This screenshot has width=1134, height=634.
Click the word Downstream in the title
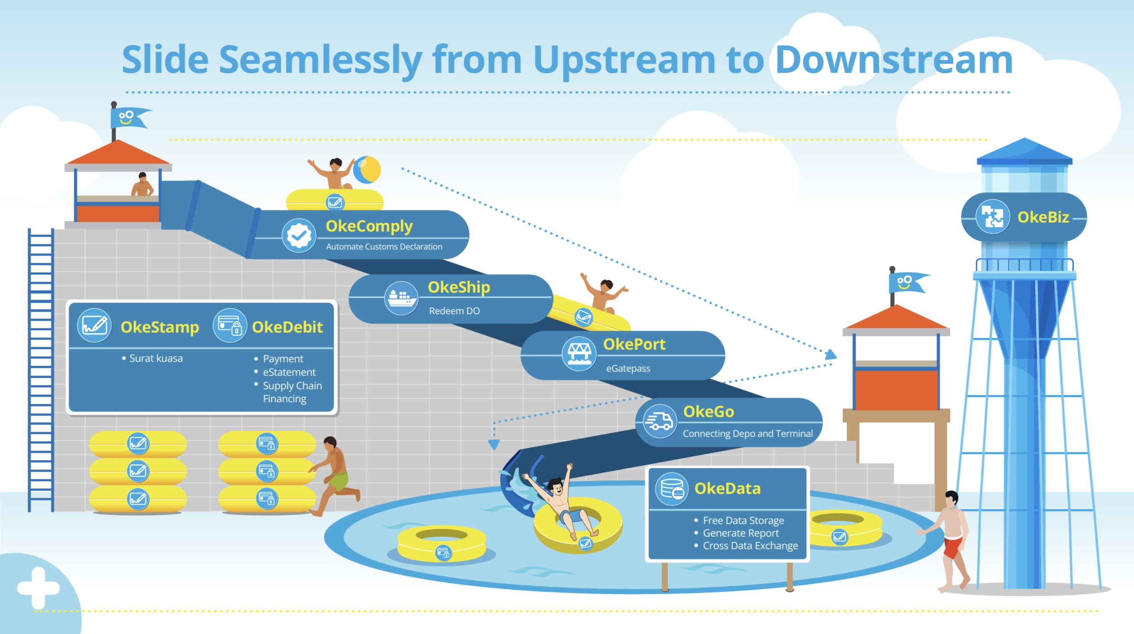coord(893,60)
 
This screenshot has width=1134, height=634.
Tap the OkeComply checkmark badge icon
coord(299,235)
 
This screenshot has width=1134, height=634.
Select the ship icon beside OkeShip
coord(401,297)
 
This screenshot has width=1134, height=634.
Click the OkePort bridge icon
coord(579,354)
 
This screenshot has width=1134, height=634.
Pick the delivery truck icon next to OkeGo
coord(659,421)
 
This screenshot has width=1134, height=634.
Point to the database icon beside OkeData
coord(672,489)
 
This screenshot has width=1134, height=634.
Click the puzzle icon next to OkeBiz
coord(992,217)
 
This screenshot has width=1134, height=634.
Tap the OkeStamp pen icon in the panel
coord(94,325)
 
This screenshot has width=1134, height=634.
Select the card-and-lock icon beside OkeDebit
coord(229,325)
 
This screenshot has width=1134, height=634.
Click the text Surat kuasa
coord(156,358)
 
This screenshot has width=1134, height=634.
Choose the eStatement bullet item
coord(289,372)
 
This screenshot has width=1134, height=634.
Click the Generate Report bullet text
coord(740,533)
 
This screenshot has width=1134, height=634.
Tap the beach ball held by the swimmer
coord(367,169)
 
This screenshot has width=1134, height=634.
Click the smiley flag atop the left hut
coord(128,118)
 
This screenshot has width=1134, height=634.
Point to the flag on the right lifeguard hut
coord(907,283)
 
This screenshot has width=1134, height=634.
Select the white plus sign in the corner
coord(38,588)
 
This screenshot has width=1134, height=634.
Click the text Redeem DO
coord(454,310)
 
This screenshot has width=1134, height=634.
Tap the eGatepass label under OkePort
coord(628,368)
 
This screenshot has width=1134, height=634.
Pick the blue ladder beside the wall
coord(40,368)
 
